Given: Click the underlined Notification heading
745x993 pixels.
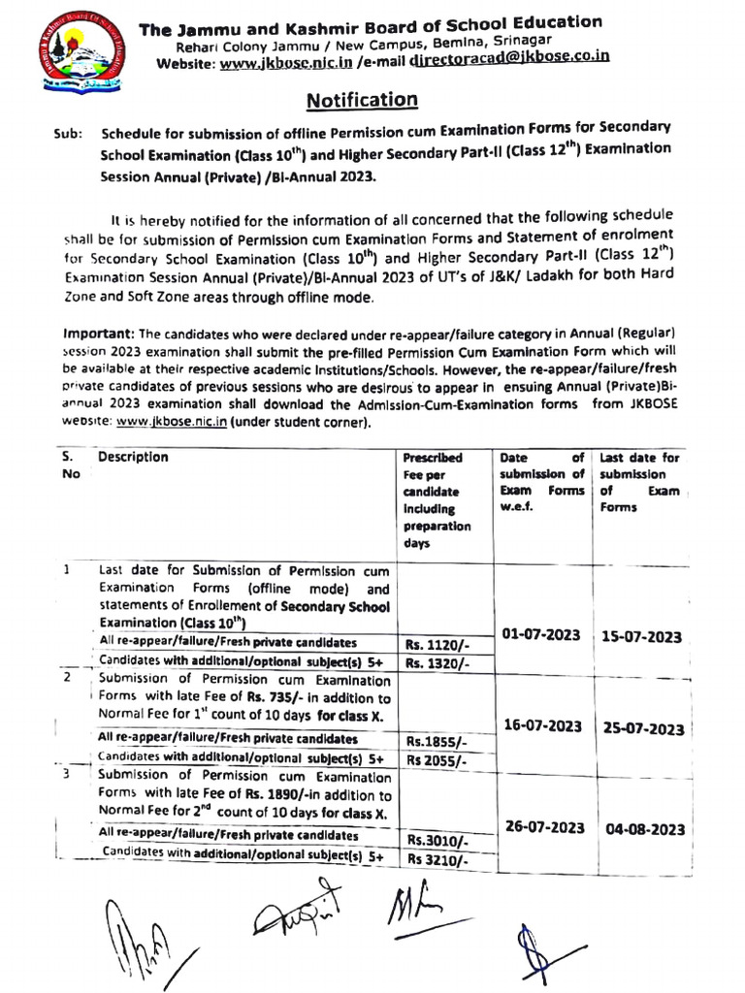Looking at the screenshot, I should click(363, 100).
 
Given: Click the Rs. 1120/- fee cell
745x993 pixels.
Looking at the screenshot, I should click(437, 645).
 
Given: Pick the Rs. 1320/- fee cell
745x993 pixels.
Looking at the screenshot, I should click(437, 664).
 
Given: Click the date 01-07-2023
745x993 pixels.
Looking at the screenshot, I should click(543, 634).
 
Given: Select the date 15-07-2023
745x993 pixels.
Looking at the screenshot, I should click(641, 637).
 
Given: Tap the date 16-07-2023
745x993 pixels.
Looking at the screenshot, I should click(543, 725).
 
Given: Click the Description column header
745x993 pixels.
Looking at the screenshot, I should click(133, 457).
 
